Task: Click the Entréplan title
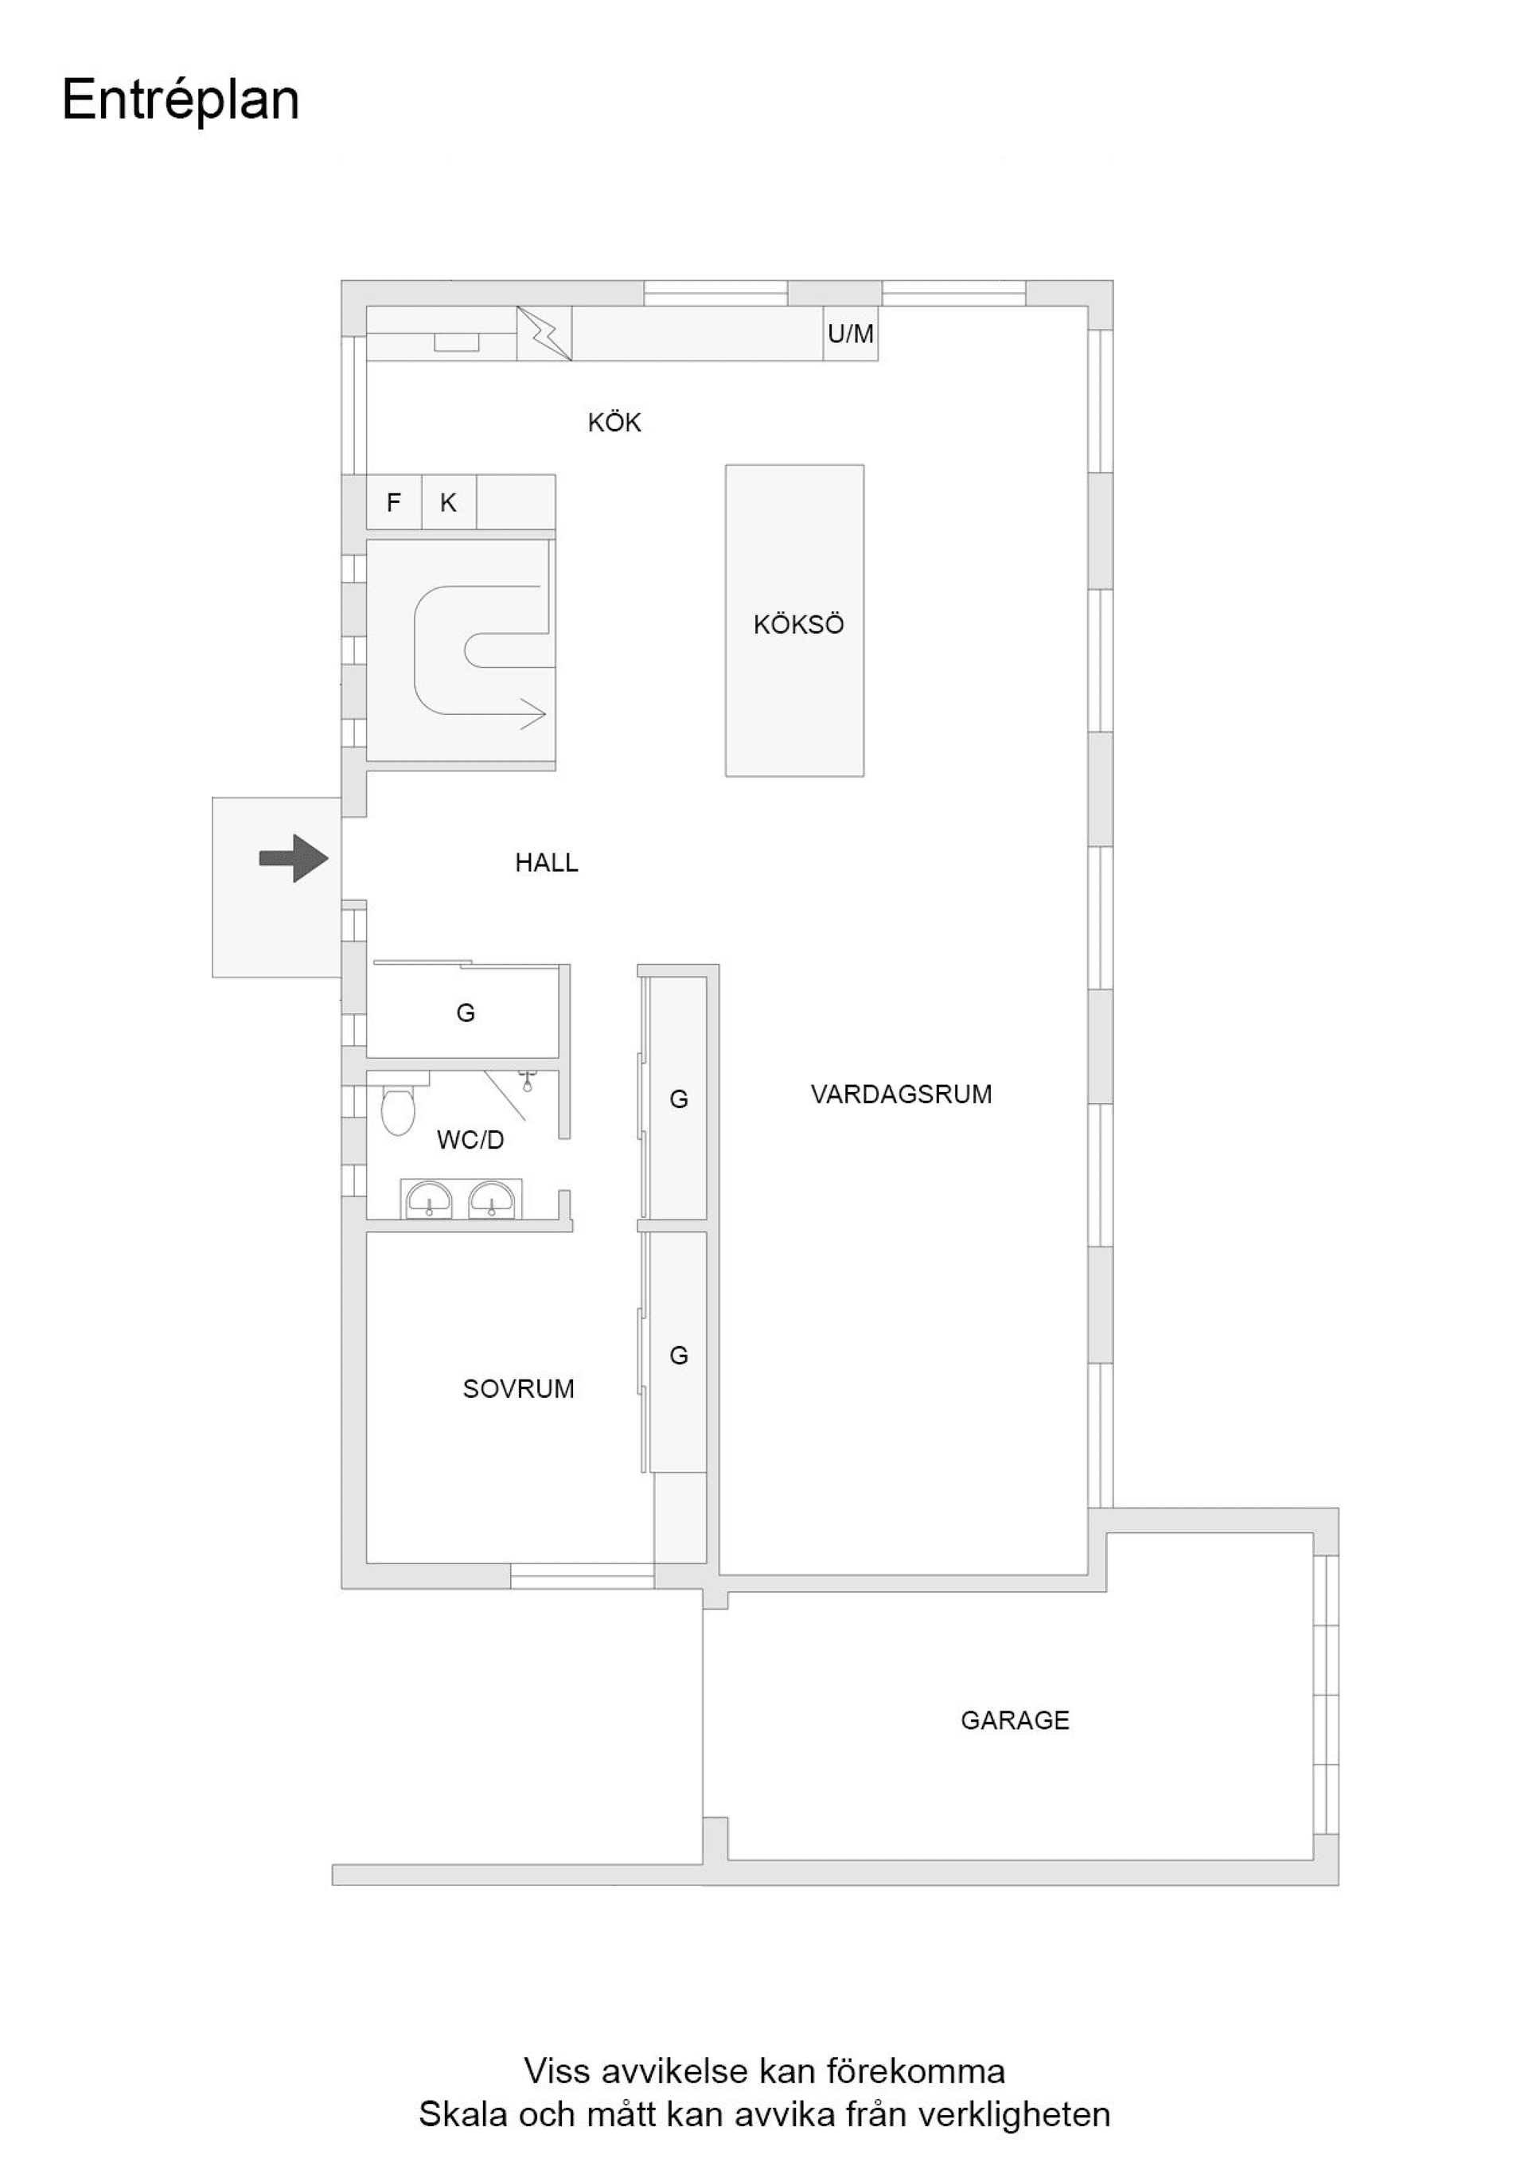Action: tap(181, 100)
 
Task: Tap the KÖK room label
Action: tap(614, 423)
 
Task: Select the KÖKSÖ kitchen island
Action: tap(793, 621)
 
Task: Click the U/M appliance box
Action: tap(850, 334)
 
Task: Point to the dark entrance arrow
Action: tap(294, 859)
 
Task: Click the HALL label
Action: tap(546, 863)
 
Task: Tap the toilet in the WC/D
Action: tap(398, 1111)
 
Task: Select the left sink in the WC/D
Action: tap(428, 1200)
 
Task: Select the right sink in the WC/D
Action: tap(492, 1200)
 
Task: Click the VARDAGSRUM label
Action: tap(901, 1095)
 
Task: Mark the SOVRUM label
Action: tap(518, 1389)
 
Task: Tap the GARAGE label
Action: tap(1015, 1720)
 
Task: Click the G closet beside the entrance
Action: tap(465, 1013)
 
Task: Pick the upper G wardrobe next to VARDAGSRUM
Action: tap(678, 1098)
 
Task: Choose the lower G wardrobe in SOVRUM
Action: tap(678, 1355)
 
